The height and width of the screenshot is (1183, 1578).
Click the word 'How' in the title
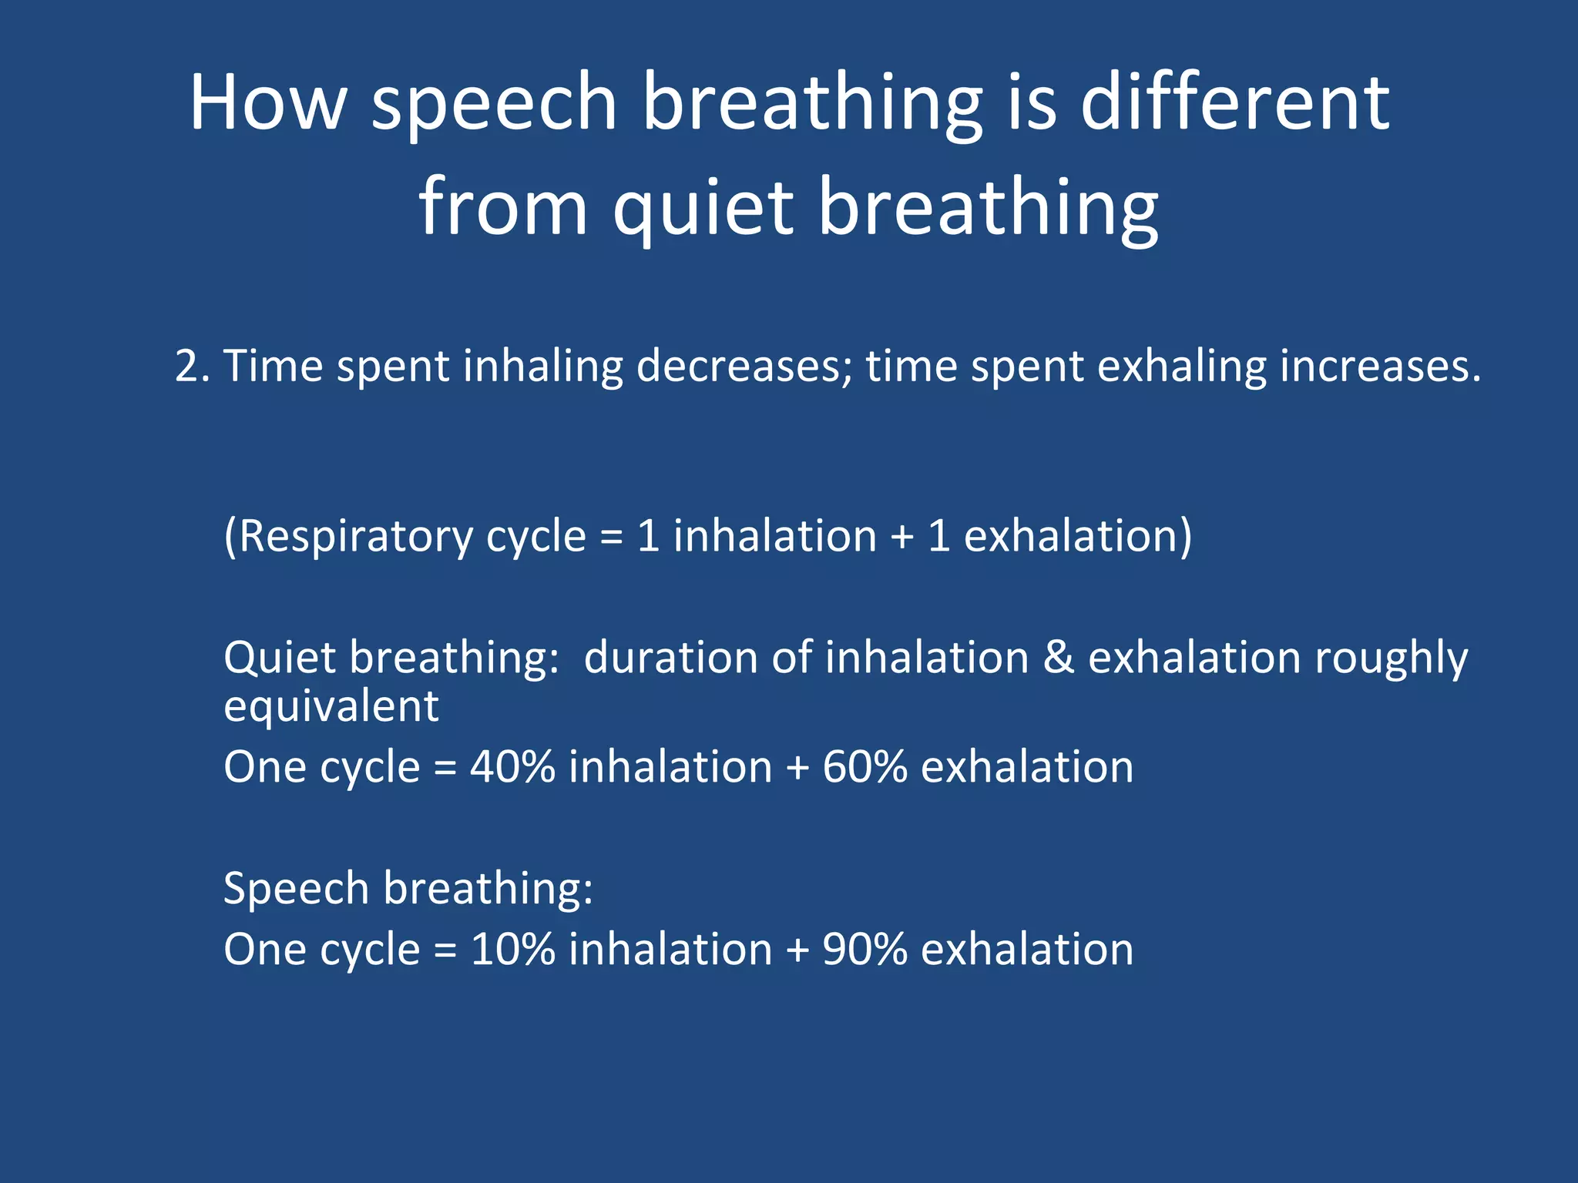[268, 102]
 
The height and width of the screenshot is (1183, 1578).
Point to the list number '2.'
[193, 366]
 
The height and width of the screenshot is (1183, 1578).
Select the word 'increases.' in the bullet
[1380, 366]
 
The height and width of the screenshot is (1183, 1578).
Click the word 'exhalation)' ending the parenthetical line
[1078, 537]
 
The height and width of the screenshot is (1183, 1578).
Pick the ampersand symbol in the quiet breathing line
[1059, 659]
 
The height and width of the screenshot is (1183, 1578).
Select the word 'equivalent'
[331, 707]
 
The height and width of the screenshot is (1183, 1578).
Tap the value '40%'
[512, 767]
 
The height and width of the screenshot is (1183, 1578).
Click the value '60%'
[865, 767]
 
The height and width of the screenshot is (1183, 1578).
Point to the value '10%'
[512, 949]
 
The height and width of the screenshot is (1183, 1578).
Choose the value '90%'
[865, 949]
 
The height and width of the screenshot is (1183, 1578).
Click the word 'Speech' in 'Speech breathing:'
[297, 890]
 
